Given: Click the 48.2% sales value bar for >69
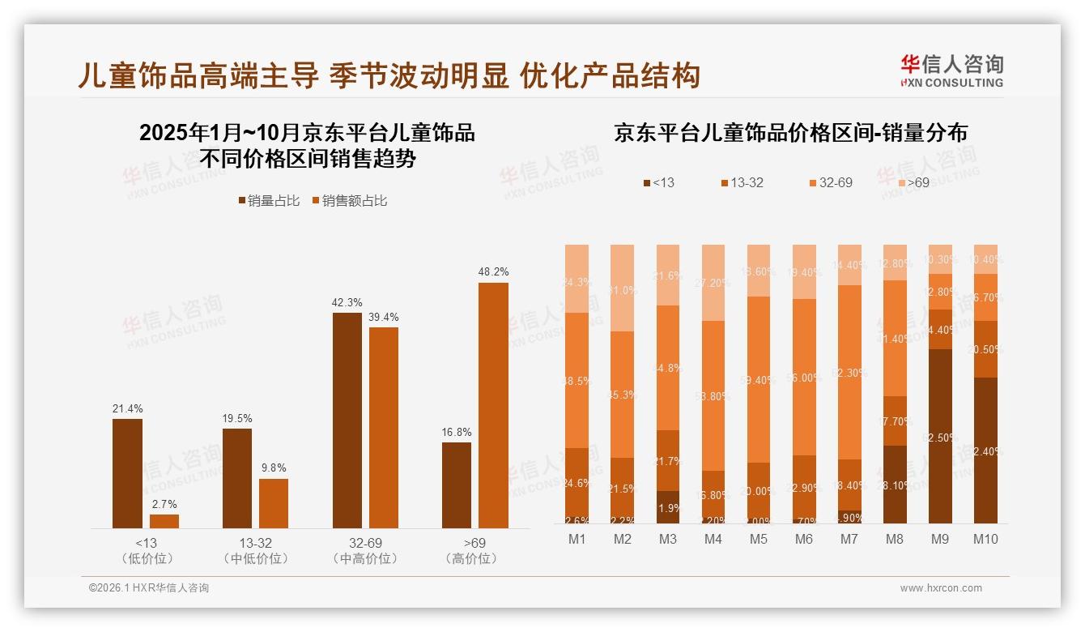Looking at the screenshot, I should point(493,405).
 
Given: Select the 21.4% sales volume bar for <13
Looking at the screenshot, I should point(127,473).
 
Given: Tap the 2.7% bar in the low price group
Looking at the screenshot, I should point(164,521).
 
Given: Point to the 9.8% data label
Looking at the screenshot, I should point(274,468).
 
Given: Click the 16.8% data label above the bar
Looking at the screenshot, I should point(457,432).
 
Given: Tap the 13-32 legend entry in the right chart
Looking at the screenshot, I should point(741,183).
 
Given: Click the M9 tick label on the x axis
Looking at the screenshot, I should point(940,539).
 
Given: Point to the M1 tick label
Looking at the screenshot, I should point(577,539).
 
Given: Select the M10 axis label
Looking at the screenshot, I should point(985,539).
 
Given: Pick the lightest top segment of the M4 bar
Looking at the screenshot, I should point(713,282).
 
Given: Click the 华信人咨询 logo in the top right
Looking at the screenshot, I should point(951,70).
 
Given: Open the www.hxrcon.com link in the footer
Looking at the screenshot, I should point(941,588).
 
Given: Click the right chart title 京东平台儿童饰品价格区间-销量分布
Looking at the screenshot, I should point(790,133).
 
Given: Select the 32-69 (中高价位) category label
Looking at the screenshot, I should point(365,551).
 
